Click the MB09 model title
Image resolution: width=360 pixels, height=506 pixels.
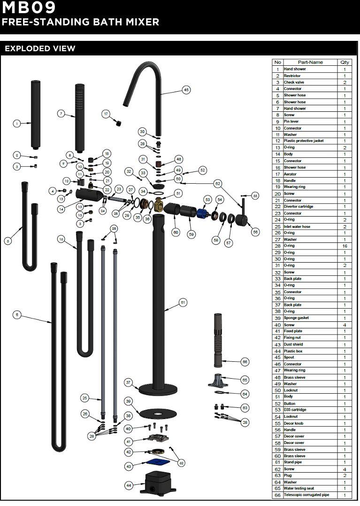(29, 8)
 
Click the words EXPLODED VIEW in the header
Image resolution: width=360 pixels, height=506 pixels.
(40, 49)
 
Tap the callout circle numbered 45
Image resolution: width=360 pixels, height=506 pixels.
(186, 90)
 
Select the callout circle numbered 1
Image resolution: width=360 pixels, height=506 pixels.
(17, 124)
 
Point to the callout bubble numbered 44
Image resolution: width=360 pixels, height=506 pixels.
(129, 485)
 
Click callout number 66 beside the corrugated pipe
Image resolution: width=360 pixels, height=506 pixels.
(245, 362)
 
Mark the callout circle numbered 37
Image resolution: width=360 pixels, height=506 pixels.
(128, 382)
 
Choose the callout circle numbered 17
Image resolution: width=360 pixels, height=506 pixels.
(106, 114)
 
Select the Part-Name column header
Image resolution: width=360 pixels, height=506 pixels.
(310, 62)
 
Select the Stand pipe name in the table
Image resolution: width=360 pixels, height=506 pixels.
(292, 462)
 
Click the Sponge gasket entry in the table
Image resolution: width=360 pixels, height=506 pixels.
(296, 318)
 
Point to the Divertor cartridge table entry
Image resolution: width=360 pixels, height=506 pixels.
(298, 207)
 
